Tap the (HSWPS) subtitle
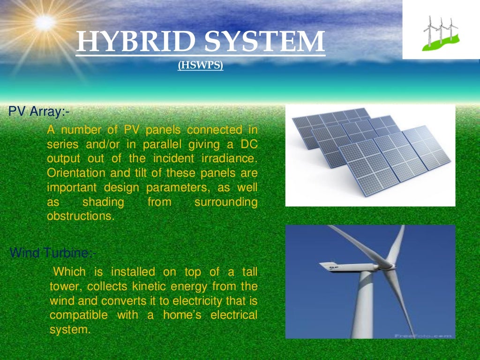200,66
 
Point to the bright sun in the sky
45,21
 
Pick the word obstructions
80,217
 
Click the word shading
103,202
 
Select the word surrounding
226,202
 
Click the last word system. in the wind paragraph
69,330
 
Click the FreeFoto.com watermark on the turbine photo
423,336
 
